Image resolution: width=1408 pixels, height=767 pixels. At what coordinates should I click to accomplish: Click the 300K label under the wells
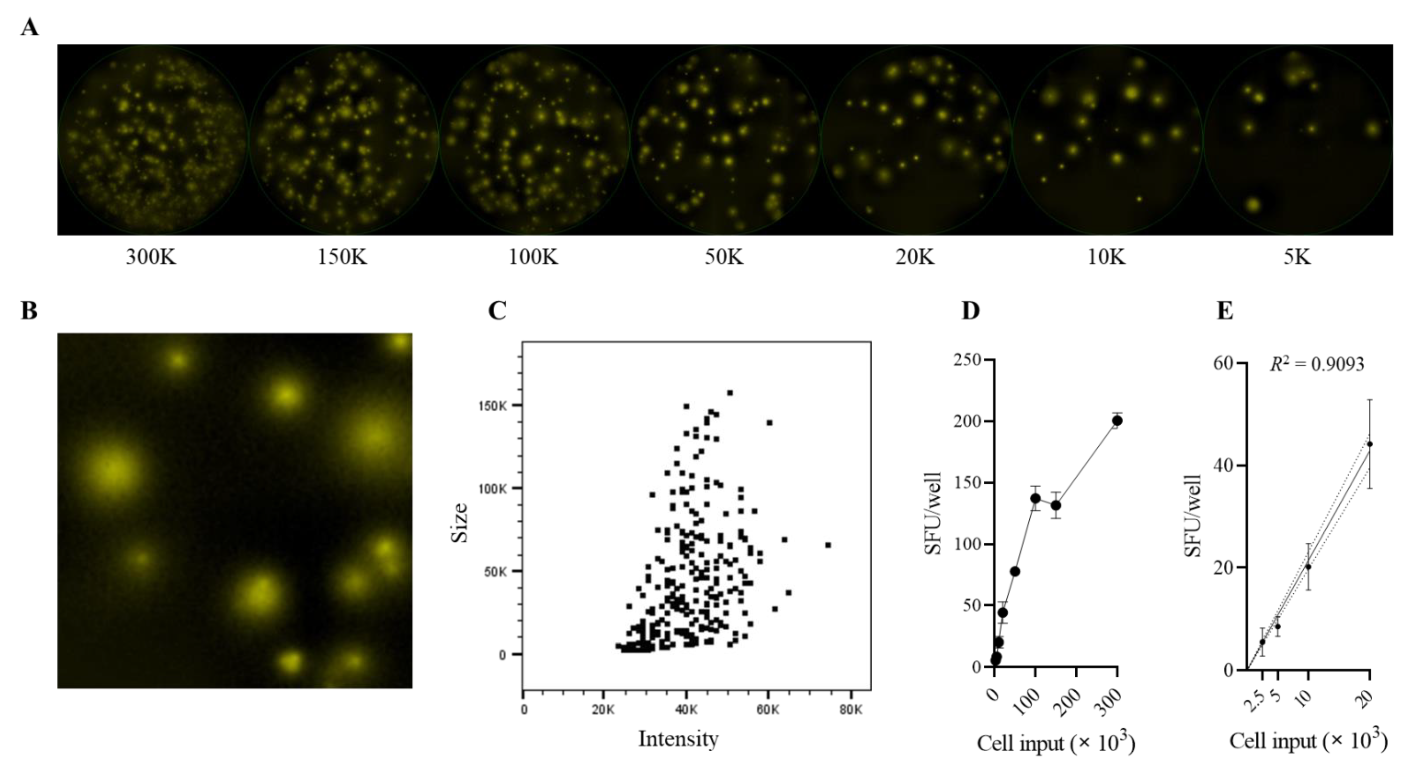(151, 257)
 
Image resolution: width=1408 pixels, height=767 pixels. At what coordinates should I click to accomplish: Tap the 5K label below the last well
(1297, 257)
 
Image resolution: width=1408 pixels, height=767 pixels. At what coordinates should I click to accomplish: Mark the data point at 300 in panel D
(1117, 420)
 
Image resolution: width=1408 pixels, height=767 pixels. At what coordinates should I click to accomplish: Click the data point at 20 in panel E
(1369, 444)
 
